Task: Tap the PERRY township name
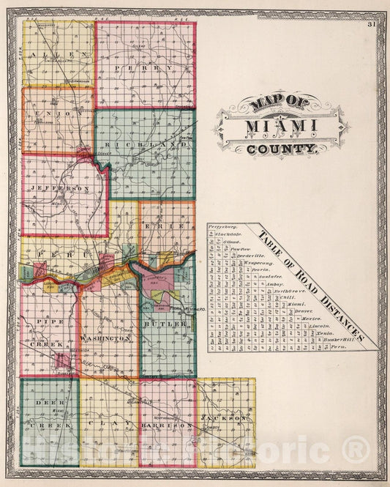[x=144, y=68]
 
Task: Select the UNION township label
[x=59, y=114]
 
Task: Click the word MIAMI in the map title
[x=281, y=127]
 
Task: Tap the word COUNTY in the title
[x=281, y=149]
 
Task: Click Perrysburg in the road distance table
[x=222, y=228]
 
